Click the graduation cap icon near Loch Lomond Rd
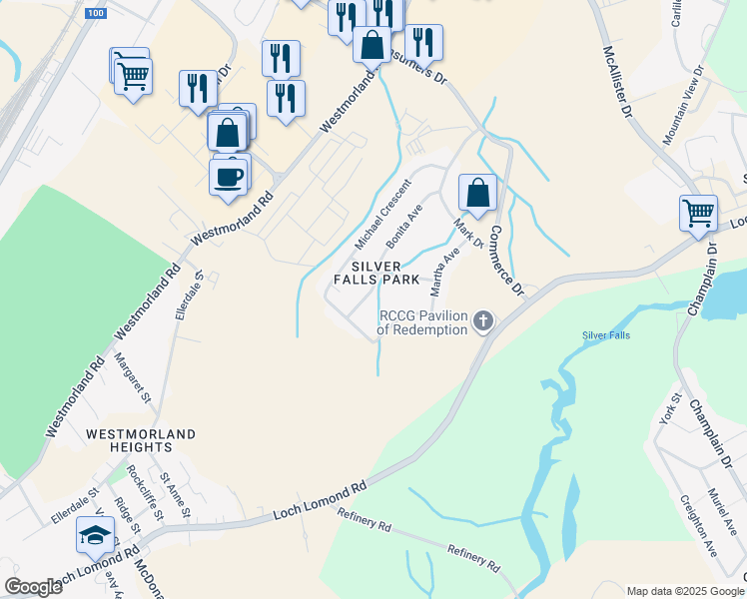tap(95, 536)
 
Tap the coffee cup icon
tap(229, 177)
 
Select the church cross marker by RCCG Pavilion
tap(483, 321)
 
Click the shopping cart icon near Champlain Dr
tap(697, 213)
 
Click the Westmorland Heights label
tap(141, 442)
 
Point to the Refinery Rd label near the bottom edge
tap(473, 557)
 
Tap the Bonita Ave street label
tap(404, 226)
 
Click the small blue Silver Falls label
tap(607, 335)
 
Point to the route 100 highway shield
tap(95, 13)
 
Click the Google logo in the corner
tap(33, 587)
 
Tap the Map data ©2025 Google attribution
tap(684, 591)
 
